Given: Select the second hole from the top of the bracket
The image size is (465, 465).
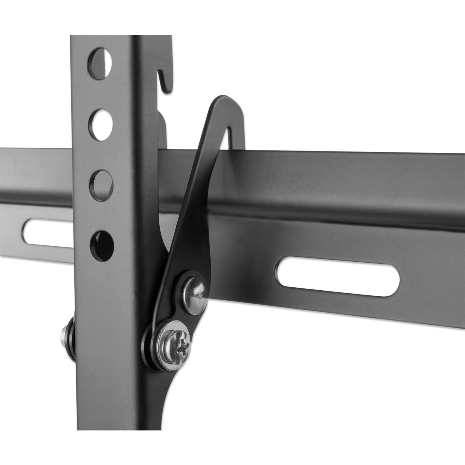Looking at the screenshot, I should [100, 121].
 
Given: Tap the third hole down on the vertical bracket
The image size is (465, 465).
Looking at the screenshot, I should [101, 181].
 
